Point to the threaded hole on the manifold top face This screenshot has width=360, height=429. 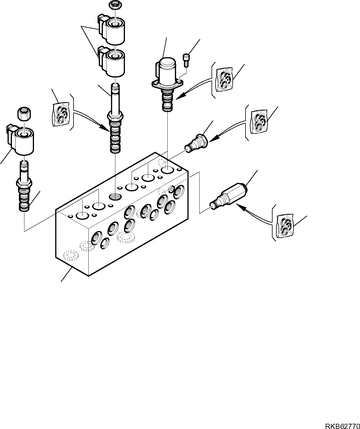115,197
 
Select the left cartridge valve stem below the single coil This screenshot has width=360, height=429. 24,189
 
